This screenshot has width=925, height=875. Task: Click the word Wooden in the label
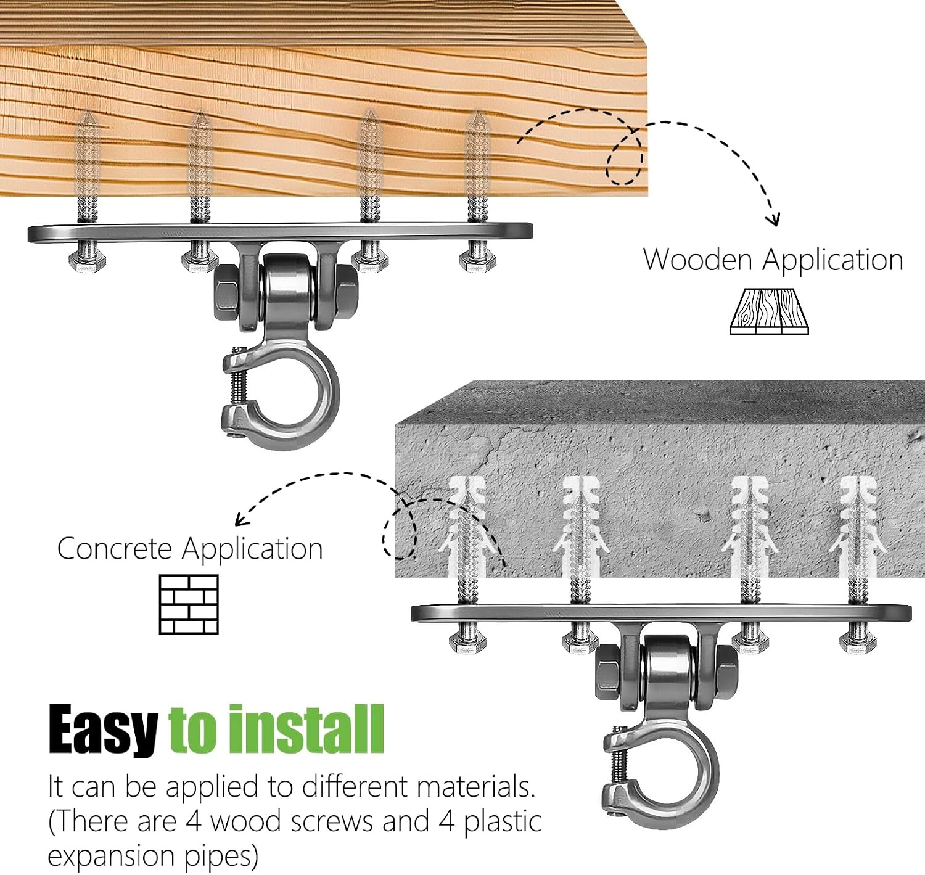pos(697,260)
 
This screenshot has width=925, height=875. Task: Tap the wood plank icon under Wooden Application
pos(769,311)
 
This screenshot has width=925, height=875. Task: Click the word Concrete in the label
pos(115,549)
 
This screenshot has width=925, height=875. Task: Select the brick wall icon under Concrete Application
pos(189,604)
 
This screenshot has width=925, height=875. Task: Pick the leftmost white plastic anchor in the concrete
pos(467,527)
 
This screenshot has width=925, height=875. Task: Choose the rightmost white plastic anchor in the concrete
pos(858,527)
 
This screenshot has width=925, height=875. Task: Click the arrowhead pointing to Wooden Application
pos(773,220)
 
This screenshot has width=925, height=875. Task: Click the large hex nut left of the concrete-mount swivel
pos(610,672)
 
